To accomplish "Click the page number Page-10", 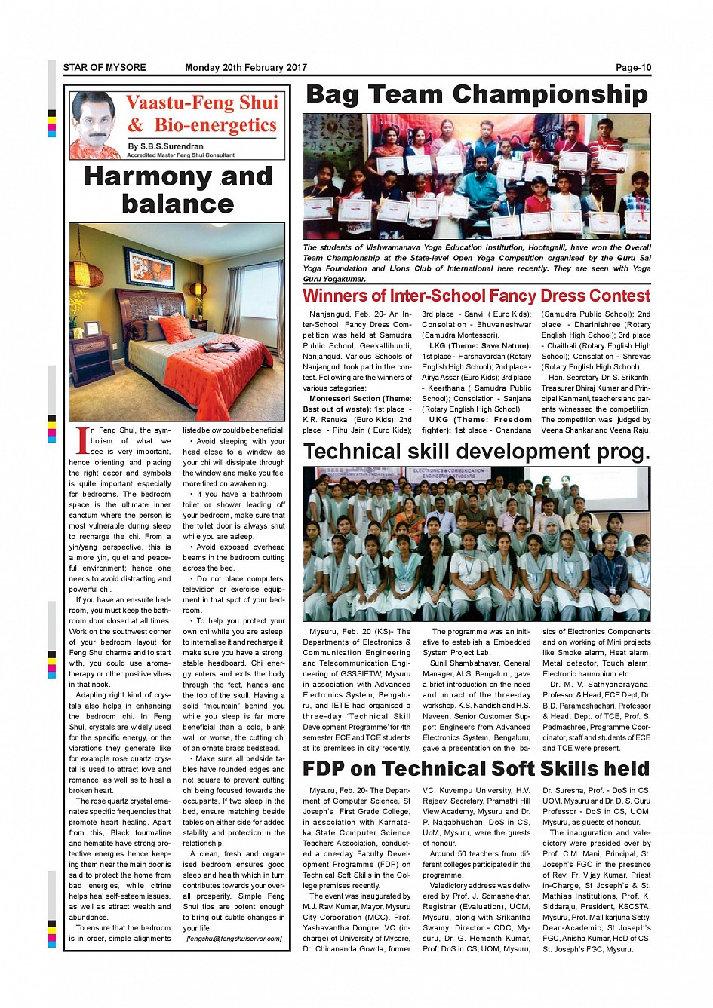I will point(633,68).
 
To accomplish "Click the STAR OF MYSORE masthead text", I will point(104,68).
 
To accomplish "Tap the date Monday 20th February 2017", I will point(246,68).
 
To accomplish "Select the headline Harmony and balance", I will point(177,190).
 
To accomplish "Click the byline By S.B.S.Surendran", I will point(166,146).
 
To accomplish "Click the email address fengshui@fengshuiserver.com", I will point(234,939).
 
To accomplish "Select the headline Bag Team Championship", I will point(477,95).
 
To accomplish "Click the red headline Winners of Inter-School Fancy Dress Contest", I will point(476,296).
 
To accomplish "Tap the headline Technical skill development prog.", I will point(476,452).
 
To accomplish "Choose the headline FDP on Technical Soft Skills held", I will point(476,768).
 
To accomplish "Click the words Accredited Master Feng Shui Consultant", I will point(180,155).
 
